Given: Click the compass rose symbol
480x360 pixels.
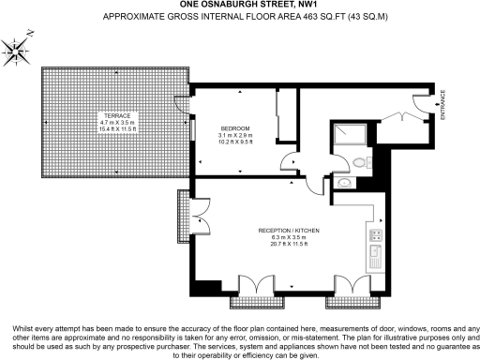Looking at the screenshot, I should (x=19, y=50).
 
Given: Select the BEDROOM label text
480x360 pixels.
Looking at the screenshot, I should (x=235, y=127).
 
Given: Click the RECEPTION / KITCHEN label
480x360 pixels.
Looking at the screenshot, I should (x=288, y=230).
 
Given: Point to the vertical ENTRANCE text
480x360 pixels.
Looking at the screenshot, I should (x=443, y=103).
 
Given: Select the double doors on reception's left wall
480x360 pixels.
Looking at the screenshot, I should (x=200, y=222).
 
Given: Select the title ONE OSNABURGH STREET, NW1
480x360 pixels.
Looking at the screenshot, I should (x=239, y=5).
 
